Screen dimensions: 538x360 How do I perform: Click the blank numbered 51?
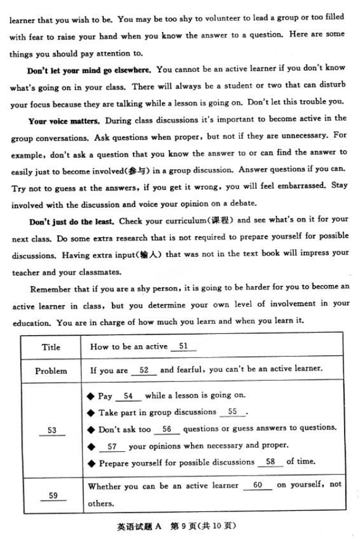coord(183,346)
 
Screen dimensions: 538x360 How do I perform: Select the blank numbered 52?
coord(144,370)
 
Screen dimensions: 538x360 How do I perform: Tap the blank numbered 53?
coord(52,430)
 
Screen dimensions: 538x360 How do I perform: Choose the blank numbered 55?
coord(232,412)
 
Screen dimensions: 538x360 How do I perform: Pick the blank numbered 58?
coord(270,461)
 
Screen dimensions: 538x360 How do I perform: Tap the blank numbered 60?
coord(257,485)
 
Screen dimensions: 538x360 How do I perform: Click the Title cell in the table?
coord(52,347)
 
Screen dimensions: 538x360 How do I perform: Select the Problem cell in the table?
coord(52,371)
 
